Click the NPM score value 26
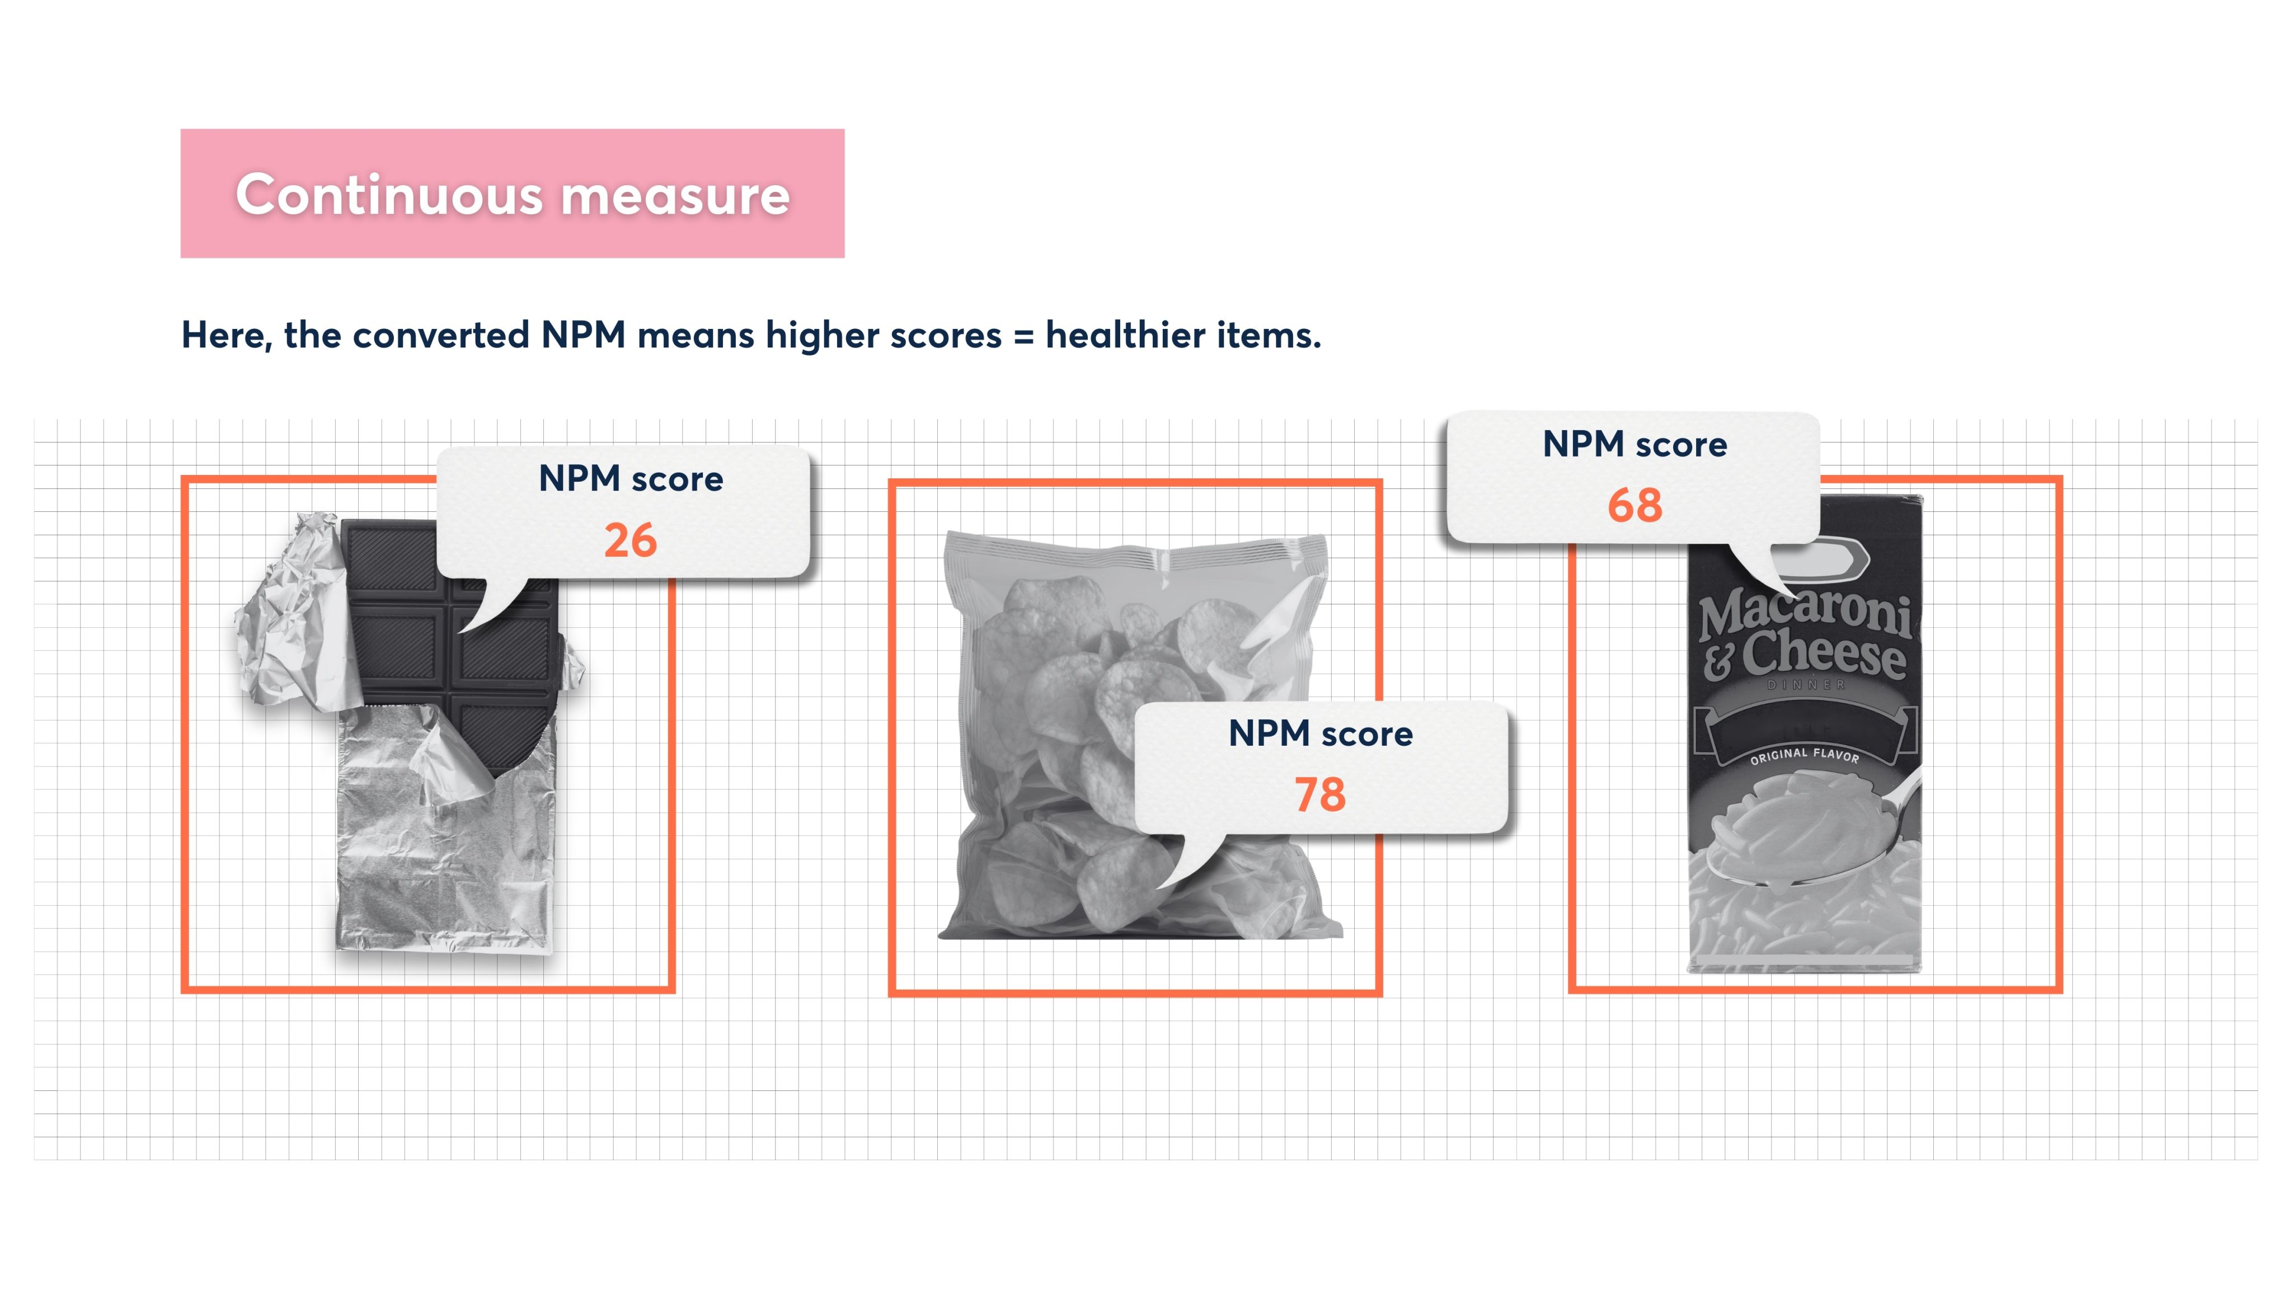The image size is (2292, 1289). pyautogui.click(x=630, y=540)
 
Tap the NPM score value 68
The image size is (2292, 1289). pyautogui.click(x=1635, y=505)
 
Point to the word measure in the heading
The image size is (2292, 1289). pyautogui.click(x=675, y=196)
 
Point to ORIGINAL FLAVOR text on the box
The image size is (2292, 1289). pyautogui.click(x=1805, y=755)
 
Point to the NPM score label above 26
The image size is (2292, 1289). pyautogui.click(x=631, y=478)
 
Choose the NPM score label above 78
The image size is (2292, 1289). pyautogui.click(x=1321, y=734)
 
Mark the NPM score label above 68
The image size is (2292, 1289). pyautogui.click(x=1635, y=444)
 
